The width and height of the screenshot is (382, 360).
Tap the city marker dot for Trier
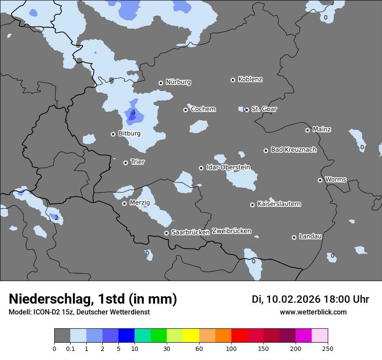pyautogui.click(x=126, y=163)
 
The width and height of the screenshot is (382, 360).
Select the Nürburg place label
pyautogui.click(x=178, y=82)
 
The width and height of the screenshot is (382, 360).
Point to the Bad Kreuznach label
pyautogui.click(x=293, y=150)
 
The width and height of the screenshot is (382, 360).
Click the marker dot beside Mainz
pyautogui.click(x=307, y=130)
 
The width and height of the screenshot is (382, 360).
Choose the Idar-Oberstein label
pyautogui.click(x=228, y=167)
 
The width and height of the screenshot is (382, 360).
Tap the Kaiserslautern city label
pyautogui.click(x=279, y=204)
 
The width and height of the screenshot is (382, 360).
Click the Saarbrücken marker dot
pyautogui.click(x=166, y=233)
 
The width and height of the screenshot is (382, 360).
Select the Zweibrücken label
pyautogui.click(x=231, y=231)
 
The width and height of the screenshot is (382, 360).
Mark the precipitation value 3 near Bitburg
pyautogui.click(x=133, y=112)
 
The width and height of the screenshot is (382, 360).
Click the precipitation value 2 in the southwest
pyautogui.click(x=56, y=218)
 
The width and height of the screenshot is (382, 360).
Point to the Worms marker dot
pyautogui.click(x=320, y=180)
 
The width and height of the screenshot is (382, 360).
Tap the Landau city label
pyautogui.click(x=310, y=236)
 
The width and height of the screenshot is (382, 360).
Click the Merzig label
pyautogui.click(x=140, y=203)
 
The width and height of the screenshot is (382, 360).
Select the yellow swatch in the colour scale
pyautogui.click(x=191, y=336)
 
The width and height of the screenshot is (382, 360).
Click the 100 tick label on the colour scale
pyautogui.click(x=231, y=348)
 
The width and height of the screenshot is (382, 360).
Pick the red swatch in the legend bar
pyautogui.click(x=239, y=336)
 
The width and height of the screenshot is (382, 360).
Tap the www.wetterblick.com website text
pyautogui.click(x=313, y=312)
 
